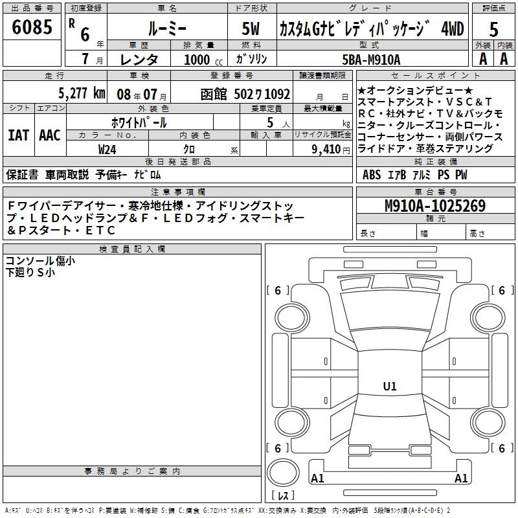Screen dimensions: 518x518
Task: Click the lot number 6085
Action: coord(32,27)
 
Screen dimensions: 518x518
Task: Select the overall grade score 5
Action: coord(493,29)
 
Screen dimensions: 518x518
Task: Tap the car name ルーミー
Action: coord(168,28)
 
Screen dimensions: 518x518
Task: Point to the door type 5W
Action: coord(251,28)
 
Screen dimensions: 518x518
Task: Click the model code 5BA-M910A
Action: coord(371,60)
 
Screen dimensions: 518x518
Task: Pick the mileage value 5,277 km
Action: coord(82,93)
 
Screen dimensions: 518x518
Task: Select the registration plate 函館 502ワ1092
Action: coord(245,95)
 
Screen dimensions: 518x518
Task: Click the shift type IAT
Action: coord(19,135)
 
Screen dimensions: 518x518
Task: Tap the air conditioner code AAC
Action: coord(50,135)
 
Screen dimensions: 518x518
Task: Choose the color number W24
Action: coord(107,150)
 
